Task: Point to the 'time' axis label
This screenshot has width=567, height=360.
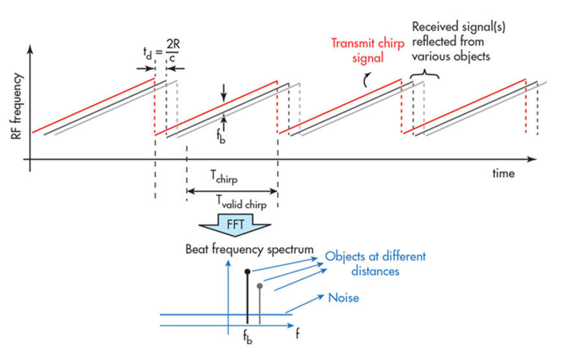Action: pos(502,173)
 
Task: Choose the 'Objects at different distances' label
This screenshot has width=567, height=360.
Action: pos(376,263)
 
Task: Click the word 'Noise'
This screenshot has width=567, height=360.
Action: pos(344,298)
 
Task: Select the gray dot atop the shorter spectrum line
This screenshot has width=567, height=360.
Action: pos(260,285)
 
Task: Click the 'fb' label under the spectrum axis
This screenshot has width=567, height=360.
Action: pos(247,338)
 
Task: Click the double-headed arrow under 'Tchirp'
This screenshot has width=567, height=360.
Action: pos(232,191)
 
